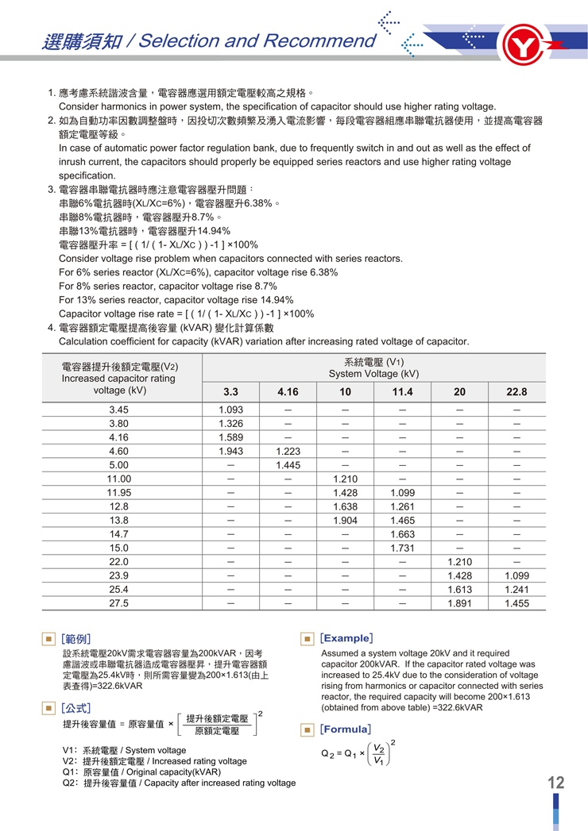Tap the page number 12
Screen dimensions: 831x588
point(555,783)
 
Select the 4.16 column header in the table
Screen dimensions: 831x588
point(288,392)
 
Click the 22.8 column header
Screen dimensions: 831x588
point(516,392)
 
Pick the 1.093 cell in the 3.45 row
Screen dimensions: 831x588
point(230,410)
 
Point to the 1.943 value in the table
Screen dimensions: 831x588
point(230,451)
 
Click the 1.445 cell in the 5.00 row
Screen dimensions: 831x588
point(288,465)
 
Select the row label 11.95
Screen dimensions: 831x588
point(119,493)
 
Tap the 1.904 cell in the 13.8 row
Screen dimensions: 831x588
point(345,521)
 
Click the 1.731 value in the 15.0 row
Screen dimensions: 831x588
point(402,548)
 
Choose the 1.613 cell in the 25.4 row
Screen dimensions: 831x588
point(459,590)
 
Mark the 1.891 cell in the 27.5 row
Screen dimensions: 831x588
point(459,603)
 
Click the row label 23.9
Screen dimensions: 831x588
point(119,575)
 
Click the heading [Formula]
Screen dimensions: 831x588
point(346,729)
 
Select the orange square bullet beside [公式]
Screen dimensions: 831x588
point(49,707)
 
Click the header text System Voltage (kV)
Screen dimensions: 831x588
point(373,374)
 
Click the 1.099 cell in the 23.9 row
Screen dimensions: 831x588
point(516,575)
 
